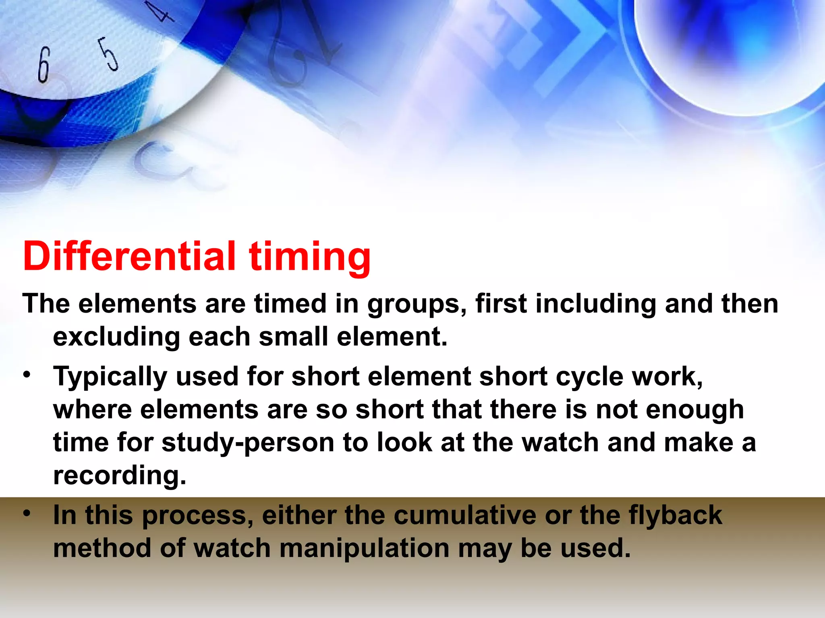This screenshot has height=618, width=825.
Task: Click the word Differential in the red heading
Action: click(x=129, y=256)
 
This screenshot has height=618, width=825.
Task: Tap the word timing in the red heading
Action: click(x=310, y=257)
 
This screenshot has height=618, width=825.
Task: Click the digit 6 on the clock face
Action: click(x=44, y=64)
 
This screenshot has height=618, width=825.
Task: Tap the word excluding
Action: click(x=116, y=337)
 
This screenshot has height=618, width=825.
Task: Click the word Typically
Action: click(x=110, y=377)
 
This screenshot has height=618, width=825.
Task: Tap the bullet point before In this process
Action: click(x=27, y=513)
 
